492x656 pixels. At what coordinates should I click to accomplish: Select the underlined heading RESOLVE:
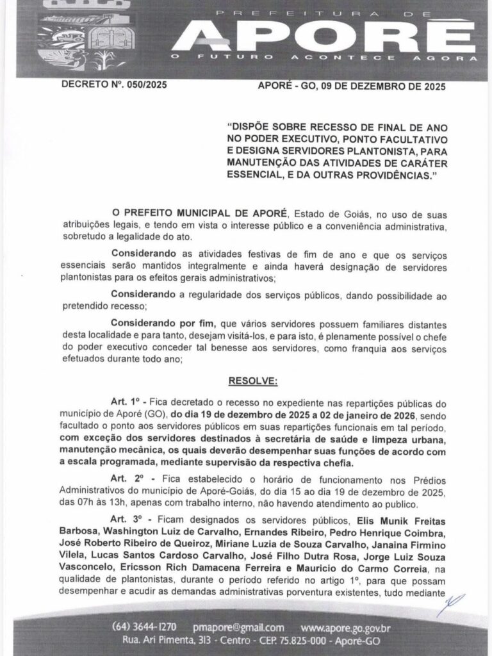(253, 381)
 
